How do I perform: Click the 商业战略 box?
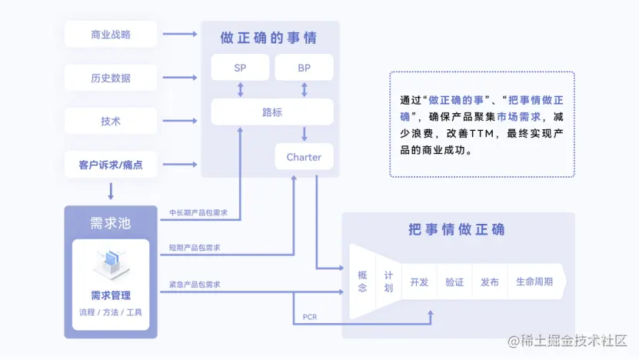click(111, 34)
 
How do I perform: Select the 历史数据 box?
click(111, 78)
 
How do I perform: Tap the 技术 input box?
click(111, 122)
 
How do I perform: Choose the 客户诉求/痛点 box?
click(111, 165)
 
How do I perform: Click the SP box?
click(240, 68)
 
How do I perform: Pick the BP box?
click(304, 68)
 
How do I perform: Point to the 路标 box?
click(272, 112)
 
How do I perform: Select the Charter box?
click(304, 157)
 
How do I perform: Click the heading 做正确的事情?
click(268, 38)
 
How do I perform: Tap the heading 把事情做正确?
click(457, 229)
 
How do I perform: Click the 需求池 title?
click(111, 223)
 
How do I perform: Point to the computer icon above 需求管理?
click(111, 265)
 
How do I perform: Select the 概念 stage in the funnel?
click(362, 282)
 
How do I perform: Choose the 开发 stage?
click(419, 282)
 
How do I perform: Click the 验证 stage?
click(454, 282)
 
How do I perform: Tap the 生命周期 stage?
click(534, 282)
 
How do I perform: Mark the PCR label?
click(310, 317)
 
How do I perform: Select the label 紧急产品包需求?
click(195, 285)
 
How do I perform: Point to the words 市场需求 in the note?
click(518, 117)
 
